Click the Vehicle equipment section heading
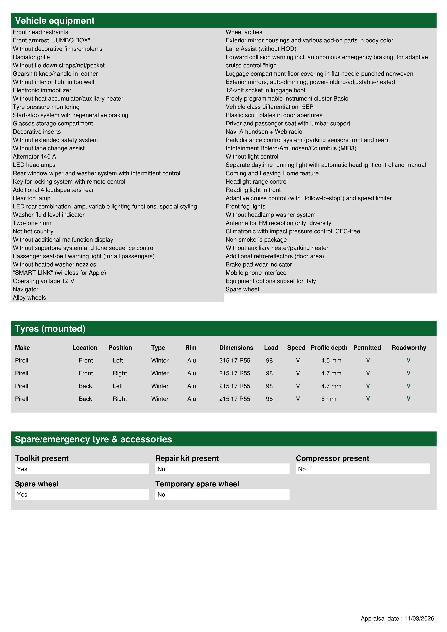tap(55, 21)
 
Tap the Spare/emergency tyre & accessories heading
tap(93, 439)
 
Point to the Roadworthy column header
tap(409, 348)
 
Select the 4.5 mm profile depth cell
tap(331, 361)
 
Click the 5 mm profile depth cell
tap(329, 399)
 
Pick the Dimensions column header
tap(236, 348)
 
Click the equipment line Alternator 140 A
tap(34, 157)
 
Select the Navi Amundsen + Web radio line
tap(264, 132)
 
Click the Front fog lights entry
tap(245, 206)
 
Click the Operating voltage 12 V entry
tap(43, 281)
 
